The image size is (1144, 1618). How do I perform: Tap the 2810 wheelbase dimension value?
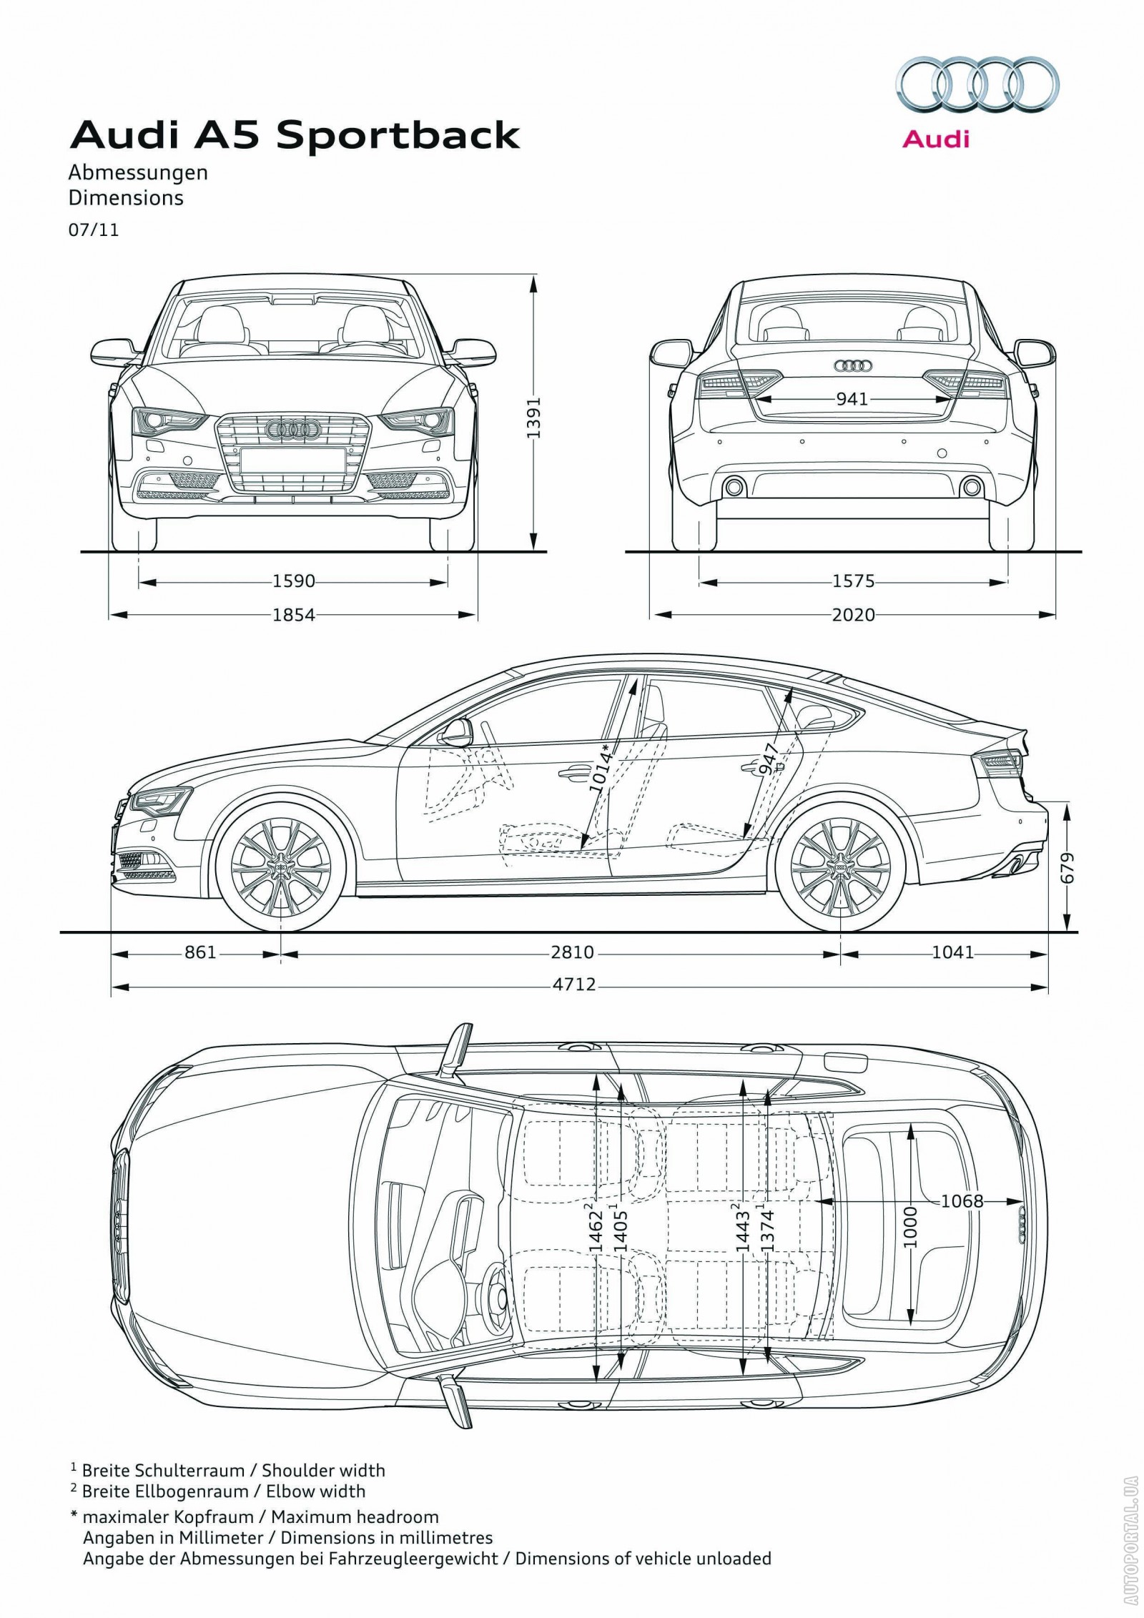573,952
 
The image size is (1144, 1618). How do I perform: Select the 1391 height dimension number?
538,418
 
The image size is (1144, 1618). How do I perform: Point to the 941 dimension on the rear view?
852,398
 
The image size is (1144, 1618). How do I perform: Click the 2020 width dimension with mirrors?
854,614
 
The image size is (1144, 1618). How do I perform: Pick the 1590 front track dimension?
294,581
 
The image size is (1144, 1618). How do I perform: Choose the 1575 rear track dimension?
854,581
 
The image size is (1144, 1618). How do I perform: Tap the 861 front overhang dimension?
200,952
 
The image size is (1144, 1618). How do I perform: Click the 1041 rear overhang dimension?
953,952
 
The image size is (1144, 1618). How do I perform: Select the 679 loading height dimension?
1068,868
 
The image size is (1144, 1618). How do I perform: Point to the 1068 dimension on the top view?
962,1200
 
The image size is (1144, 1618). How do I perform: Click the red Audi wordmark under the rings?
935,138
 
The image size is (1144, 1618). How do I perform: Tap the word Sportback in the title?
398,136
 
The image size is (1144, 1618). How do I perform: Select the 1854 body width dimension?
294,614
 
